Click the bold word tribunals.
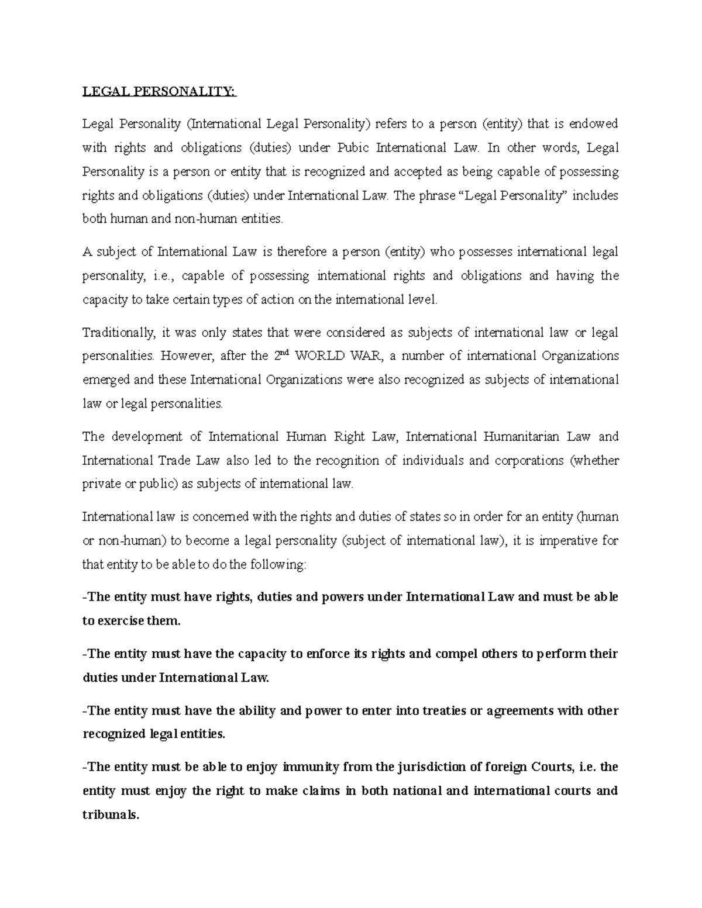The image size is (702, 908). coord(110,814)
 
